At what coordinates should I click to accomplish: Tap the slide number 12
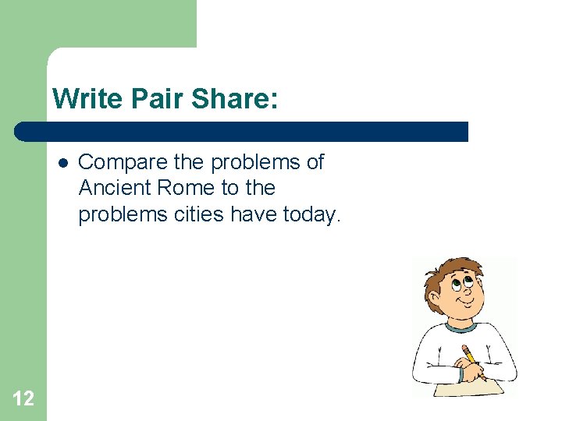click(23, 399)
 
